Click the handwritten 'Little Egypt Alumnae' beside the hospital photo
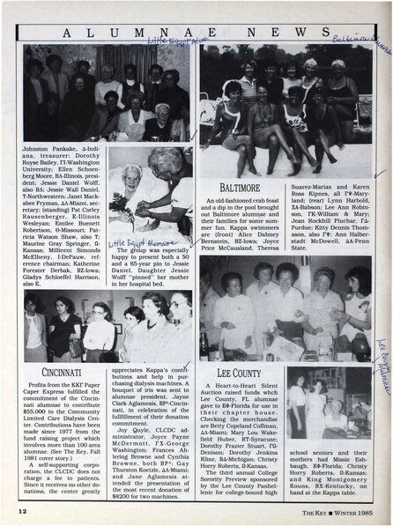click(x=133, y=240)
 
